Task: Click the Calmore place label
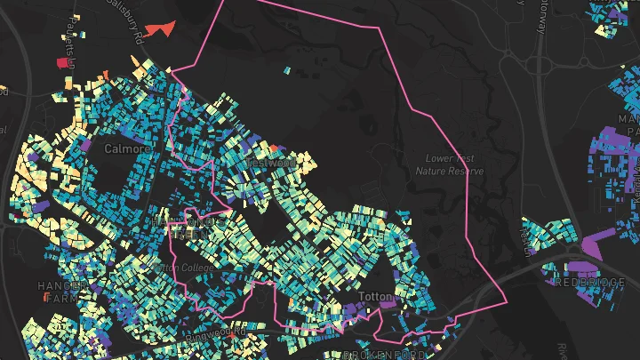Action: (x=122, y=148)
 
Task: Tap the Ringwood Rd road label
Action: (x=216, y=334)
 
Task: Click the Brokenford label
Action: (x=383, y=355)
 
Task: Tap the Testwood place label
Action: (x=271, y=164)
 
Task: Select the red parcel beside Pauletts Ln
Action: (x=62, y=63)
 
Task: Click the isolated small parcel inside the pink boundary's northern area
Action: (x=287, y=70)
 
